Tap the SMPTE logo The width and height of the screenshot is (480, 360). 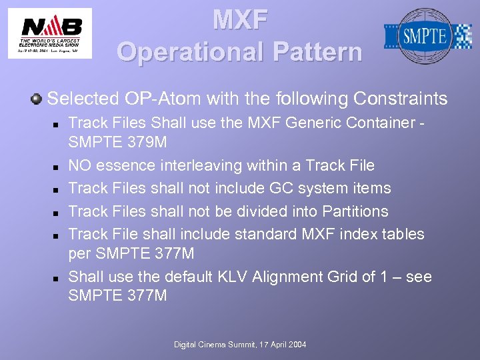pyautogui.click(x=427, y=35)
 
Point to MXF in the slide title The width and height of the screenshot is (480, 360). pyautogui.click(x=240, y=20)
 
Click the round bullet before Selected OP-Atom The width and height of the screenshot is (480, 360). pyautogui.click(x=36, y=99)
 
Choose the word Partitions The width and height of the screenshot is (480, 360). pyautogui.click(x=355, y=211)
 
